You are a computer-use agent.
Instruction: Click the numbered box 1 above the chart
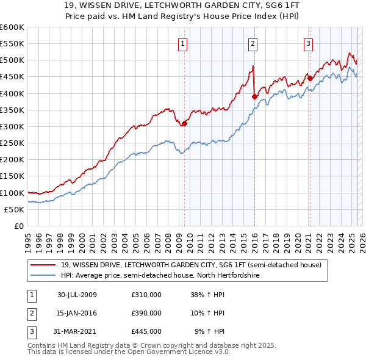click(183, 43)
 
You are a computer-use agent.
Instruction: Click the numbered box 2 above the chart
click(253, 43)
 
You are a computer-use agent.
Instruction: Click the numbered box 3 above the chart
click(309, 43)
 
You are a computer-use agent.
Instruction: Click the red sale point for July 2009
click(185, 123)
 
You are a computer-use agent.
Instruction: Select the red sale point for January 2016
click(254, 96)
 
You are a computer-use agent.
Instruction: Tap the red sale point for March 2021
click(310, 78)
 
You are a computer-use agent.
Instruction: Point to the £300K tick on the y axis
click(12, 126)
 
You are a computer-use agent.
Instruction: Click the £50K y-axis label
click(14, 209)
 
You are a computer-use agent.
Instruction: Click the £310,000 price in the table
click(146, 295)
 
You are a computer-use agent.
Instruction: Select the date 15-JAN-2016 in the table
click(77, 313)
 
